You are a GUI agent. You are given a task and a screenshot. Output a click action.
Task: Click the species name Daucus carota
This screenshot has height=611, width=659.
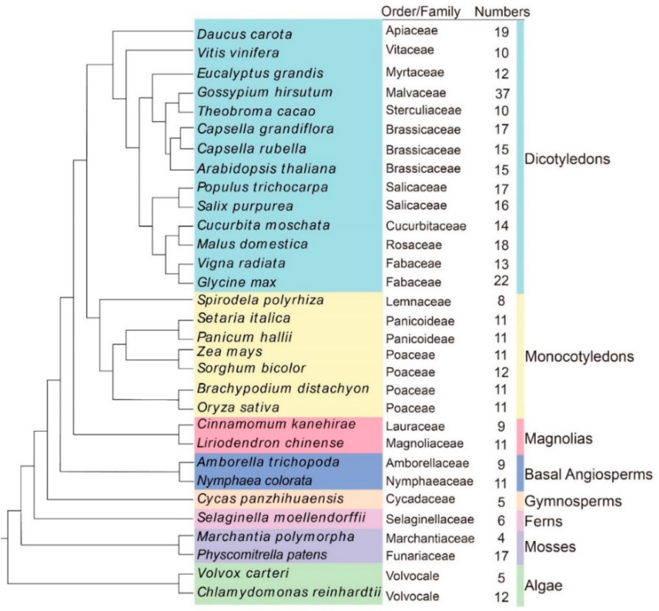(x=244, y=34)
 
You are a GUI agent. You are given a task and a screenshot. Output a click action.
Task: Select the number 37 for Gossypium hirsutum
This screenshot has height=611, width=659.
(x=502, y=93)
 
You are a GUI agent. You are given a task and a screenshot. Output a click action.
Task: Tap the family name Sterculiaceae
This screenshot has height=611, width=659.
(x=423, y=110)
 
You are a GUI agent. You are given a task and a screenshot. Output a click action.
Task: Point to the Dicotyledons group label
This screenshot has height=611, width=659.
(x=567, y=159)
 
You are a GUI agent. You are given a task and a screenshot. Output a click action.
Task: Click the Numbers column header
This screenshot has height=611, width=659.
(x=502, y=12)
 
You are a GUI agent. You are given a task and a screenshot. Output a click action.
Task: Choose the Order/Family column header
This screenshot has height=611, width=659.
(x=421, y=12)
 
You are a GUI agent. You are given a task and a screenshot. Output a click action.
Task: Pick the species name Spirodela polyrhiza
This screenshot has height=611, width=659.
(x=260, y=300)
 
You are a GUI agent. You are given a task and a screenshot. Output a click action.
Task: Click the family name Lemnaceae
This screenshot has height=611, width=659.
(x=418, y=302)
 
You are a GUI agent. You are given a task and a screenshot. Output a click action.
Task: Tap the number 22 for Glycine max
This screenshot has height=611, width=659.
(x=501, y=281)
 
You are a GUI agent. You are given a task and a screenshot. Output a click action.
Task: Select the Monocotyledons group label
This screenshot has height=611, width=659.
(x=579, y=357)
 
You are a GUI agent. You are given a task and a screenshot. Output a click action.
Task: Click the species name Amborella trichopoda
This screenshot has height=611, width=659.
(x=268, y=462)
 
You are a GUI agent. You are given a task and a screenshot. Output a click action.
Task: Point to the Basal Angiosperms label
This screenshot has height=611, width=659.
(x=588, y=474)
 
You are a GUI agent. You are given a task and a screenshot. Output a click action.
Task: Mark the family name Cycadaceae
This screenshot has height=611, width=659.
(x=420, y=499)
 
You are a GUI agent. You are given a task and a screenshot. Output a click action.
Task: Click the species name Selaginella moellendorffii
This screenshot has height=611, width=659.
(x=281, y=518)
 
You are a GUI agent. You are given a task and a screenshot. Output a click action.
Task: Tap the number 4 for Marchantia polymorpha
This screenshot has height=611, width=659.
(x=501, y=538)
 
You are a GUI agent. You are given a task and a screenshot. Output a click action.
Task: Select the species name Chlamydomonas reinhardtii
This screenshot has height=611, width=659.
(x=289, y=592)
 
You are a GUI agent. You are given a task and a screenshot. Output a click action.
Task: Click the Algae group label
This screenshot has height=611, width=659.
(x=543, y=586)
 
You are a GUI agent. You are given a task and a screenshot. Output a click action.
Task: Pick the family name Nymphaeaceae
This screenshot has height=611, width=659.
(x=429, y=481)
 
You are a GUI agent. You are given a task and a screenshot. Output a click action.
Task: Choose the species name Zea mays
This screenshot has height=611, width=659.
(x=230, y=352)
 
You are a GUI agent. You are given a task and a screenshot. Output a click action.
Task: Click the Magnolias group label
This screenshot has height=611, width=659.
(x=558, y=439)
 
